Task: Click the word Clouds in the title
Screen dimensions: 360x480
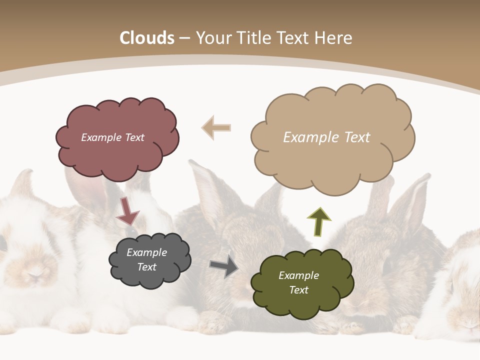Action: (x=147, y=38)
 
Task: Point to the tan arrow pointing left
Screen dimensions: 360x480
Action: (x=216, y=127)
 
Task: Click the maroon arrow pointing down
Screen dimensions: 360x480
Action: (x=127, y=210)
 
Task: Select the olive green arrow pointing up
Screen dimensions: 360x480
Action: (x=318, y=221)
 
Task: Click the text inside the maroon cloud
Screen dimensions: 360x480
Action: (x=112, y=137)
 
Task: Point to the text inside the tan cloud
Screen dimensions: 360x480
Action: (x=326, y=137)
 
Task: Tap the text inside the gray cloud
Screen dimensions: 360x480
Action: (x=146, y=260)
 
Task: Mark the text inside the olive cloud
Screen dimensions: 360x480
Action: (x=298, y=282)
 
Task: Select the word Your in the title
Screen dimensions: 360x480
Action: (x=212, y=38)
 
